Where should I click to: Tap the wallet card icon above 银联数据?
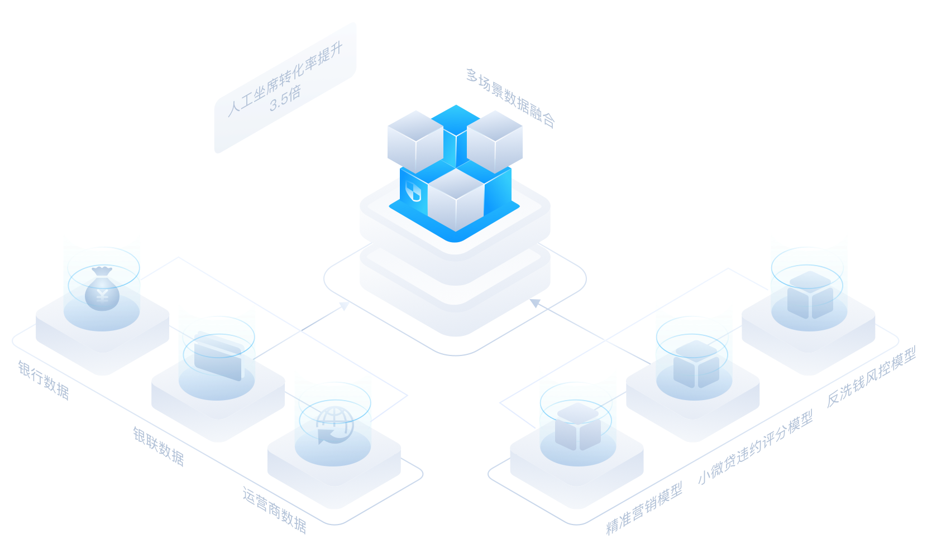(218, 356)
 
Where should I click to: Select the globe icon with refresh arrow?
(335, 425)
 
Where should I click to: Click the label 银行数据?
(44, 380)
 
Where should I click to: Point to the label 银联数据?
(159, 446)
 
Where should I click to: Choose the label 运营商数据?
(274, 511)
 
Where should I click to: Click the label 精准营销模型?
(644, 509)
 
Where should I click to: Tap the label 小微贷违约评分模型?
(756, 447)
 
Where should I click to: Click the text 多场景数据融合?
(510, 98)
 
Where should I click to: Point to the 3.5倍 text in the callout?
(285, 99)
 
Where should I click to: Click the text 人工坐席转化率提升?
(285, 79)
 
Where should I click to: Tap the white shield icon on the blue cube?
(413, 191)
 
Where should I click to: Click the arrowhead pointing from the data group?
(345, 306)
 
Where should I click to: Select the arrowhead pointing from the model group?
(535, 303)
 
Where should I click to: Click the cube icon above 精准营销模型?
(578, 426)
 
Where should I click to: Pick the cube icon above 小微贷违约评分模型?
(696, 364)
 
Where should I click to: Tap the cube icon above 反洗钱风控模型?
(810, 295)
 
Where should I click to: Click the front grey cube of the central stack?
(456, 199)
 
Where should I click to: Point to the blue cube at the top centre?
(456, 137)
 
